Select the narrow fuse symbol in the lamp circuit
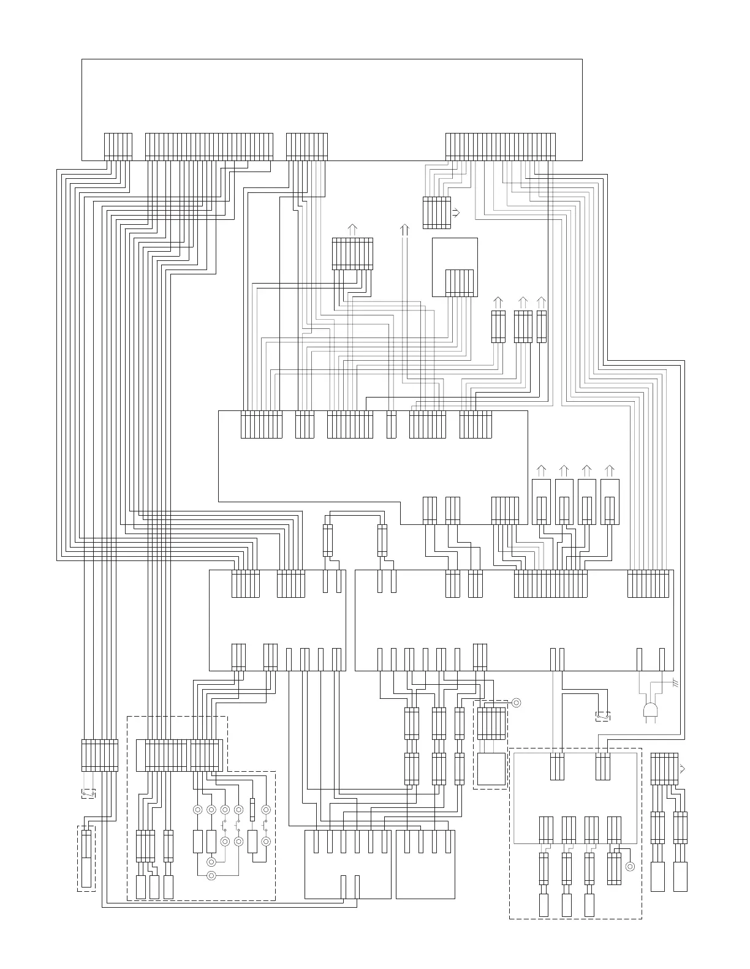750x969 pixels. click(252, 809)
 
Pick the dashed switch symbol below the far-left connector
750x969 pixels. click(89, 794)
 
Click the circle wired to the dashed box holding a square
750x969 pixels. click(516, 703)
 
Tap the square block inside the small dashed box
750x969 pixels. click(491, 769)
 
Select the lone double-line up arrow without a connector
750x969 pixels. click(404, 230)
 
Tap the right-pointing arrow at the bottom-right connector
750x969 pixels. click(683, 769)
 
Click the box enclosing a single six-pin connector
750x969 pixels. click(455, 267)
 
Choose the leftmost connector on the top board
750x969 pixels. click(118, 147)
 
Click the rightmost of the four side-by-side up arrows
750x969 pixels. click(609, 470)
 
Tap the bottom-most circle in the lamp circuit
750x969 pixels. click(211, 875)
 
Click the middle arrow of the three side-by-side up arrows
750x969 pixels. click(523, 303)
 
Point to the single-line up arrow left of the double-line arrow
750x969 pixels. click(352, 230)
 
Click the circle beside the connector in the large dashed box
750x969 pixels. click(629, 866)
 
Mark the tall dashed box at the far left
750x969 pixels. click(86, 858)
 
